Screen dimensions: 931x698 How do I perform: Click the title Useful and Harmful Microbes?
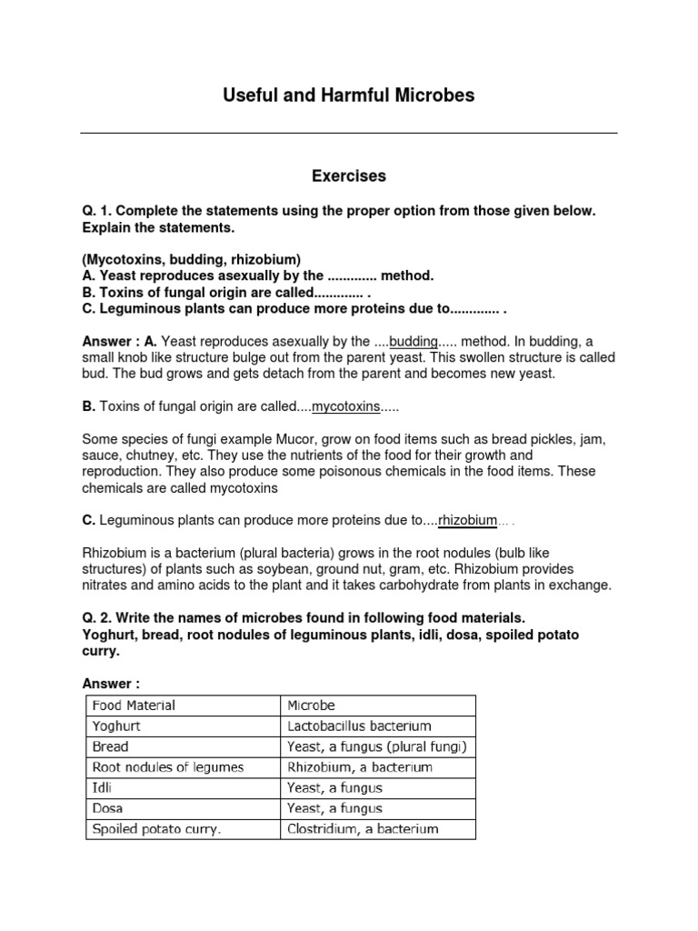[x=349, y=95]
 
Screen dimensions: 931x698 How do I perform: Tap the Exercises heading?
[x=349, y=175]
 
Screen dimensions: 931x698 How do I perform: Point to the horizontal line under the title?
[x=349, y=134]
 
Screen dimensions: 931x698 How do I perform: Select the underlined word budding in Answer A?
[x=414, y=342]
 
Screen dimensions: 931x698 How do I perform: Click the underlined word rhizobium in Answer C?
[x=467, y=520]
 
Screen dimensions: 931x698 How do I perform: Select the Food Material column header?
[x=133, y=705]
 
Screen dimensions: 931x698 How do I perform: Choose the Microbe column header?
[x=311, y=705]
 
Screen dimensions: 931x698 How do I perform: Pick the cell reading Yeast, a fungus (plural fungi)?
[x=377, y=746]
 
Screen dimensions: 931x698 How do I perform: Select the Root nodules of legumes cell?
[x=167, y=767]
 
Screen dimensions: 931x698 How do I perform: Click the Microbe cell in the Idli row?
[x=334, y=787]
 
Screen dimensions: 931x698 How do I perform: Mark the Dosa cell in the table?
[x=107, y=808]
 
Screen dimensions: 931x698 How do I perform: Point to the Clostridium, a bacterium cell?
[x=363, y=828]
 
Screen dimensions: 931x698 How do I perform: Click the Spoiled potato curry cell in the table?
[x=156, y=828]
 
